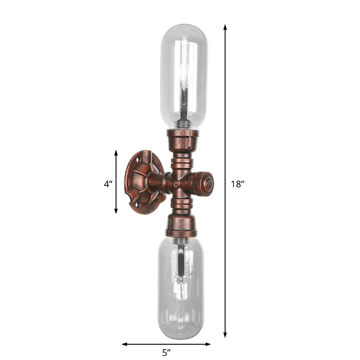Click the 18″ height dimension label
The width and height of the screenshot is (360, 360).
[238, 184]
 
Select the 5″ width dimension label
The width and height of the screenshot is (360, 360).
[166, 352]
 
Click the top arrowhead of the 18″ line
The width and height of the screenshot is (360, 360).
[225, 27]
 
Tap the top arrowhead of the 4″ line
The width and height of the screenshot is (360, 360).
[116, 153]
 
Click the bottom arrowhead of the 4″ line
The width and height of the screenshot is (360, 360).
[116, 211]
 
